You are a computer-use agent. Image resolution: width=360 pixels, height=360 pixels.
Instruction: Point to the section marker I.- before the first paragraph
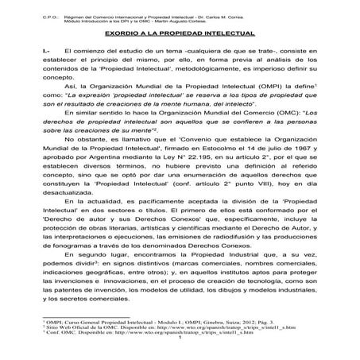(45, 51)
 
